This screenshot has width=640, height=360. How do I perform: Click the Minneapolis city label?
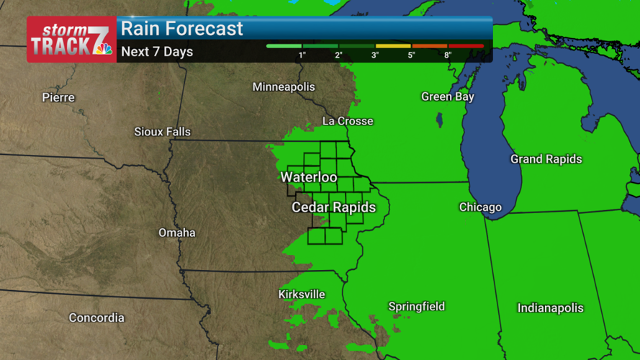[284, 87]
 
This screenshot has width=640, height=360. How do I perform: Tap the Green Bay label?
[447, 96]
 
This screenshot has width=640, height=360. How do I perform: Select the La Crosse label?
[348, 121]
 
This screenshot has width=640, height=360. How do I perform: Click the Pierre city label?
[58, 97]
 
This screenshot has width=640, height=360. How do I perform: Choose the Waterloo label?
[309, 177]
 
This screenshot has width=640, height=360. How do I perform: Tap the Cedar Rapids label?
[333, 207]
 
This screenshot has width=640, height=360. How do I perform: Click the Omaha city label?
[177, 233]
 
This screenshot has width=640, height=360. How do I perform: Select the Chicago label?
[480, 207]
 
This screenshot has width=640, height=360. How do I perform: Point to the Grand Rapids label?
[546, 159]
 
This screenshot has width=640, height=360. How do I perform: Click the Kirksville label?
[302, 294]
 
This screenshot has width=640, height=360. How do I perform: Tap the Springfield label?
[416, 307]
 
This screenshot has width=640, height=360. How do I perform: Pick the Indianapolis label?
[550, 308]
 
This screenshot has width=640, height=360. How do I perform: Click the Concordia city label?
[96, 318]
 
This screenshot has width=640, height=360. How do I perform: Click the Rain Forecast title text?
[182, 29]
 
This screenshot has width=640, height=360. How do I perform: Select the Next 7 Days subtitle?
[157, 52]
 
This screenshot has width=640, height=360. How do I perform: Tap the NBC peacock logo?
[104, 49]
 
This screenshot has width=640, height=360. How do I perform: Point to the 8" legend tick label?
[448, 55]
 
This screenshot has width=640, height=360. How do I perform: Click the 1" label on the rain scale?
[303, 55]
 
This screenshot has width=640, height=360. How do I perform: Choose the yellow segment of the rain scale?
[393, 46]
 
